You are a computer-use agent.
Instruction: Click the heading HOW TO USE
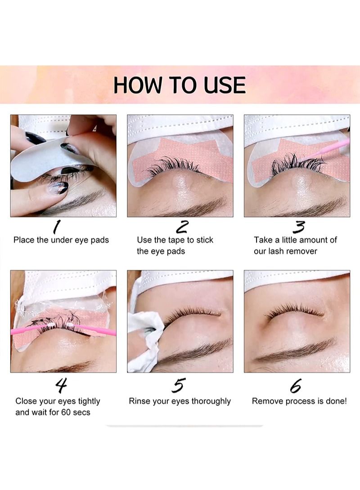(180, 85)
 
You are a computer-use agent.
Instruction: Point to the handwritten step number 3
(299, 227)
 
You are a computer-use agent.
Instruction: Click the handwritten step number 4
(61, 386)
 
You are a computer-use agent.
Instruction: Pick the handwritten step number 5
(179, 385)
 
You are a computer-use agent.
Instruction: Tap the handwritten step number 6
(295, 386)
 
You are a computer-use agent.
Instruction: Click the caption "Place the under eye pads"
(61, 240)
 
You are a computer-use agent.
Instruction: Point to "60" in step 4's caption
(66, 412)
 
